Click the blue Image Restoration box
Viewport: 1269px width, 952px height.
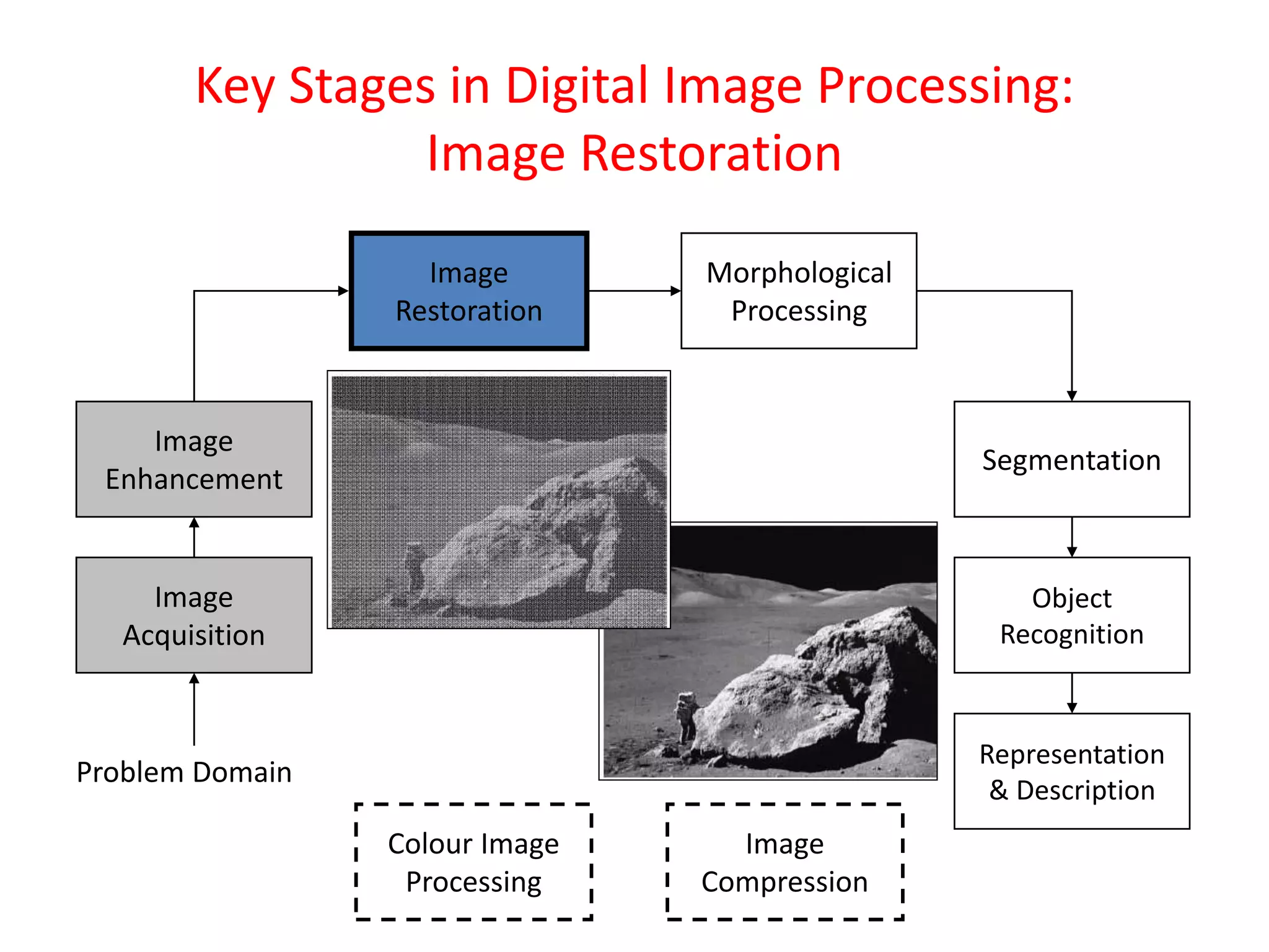tap(468, 291)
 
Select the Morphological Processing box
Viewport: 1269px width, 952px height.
tap(799, 291)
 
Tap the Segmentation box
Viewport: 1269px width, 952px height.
tap(1071, 459)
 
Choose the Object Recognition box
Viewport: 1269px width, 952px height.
tap(1071, 615)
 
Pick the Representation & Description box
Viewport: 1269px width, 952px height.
tap(1071, 771)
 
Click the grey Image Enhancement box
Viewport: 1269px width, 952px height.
tap(194, 459)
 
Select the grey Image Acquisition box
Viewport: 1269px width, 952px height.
tap(194, 615)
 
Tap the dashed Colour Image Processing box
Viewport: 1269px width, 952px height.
tap(473, 862)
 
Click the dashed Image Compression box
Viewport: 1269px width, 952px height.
tap(784, 862)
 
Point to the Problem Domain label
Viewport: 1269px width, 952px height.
tap(184, 772)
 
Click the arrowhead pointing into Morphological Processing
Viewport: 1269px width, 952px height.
tap(675, 291)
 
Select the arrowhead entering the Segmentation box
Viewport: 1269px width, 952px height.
tap(1072, 396)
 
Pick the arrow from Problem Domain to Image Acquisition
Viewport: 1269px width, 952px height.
tap(194, 709)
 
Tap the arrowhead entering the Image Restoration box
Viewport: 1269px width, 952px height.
tap(343, 291)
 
